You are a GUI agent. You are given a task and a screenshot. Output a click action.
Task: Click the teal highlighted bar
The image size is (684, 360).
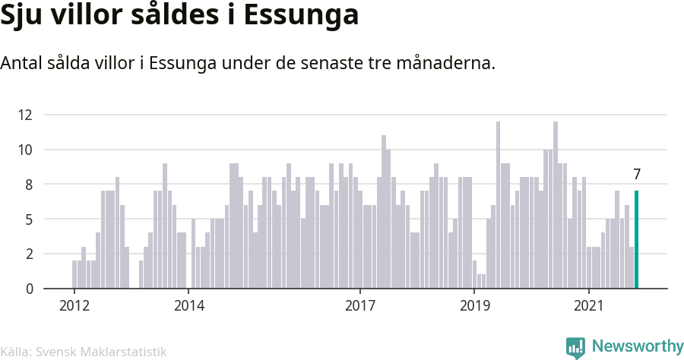(636, 239)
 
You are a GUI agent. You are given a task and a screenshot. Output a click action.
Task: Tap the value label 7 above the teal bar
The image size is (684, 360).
(637, 175)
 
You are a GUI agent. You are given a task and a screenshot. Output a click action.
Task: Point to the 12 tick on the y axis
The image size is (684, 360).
(25, 115)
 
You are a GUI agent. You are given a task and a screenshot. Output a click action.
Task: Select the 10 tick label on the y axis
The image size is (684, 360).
(25, 150)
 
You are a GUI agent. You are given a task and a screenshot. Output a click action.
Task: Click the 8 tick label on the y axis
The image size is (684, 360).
(29, 185)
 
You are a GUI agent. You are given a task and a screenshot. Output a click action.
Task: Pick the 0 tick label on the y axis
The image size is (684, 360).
(29, 289)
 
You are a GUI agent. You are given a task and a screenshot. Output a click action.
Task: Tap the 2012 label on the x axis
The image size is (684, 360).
(74, 305)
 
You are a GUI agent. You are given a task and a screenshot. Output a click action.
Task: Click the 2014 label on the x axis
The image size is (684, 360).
(189, 305)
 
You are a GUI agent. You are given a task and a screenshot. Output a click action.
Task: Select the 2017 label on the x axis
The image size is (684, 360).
(360, 305)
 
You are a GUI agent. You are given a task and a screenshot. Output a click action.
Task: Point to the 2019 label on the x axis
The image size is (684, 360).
(474, 305)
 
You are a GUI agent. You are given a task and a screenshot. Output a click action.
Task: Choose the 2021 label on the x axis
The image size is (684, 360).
(589, 305)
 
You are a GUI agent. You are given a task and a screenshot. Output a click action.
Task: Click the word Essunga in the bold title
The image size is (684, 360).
(301, 15)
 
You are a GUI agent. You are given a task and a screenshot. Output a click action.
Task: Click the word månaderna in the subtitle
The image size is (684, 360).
(446, 63)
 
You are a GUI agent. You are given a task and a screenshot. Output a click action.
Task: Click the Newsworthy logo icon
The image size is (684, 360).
(575, 348)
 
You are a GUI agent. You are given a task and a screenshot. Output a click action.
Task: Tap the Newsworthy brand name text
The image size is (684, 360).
(638, 346)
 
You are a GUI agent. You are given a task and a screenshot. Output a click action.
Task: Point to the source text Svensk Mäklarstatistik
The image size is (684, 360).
(101, 352)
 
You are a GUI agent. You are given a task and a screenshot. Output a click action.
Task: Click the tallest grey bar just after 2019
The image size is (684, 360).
(498, 205)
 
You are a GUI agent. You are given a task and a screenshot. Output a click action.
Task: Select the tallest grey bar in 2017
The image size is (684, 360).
(384, 212)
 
